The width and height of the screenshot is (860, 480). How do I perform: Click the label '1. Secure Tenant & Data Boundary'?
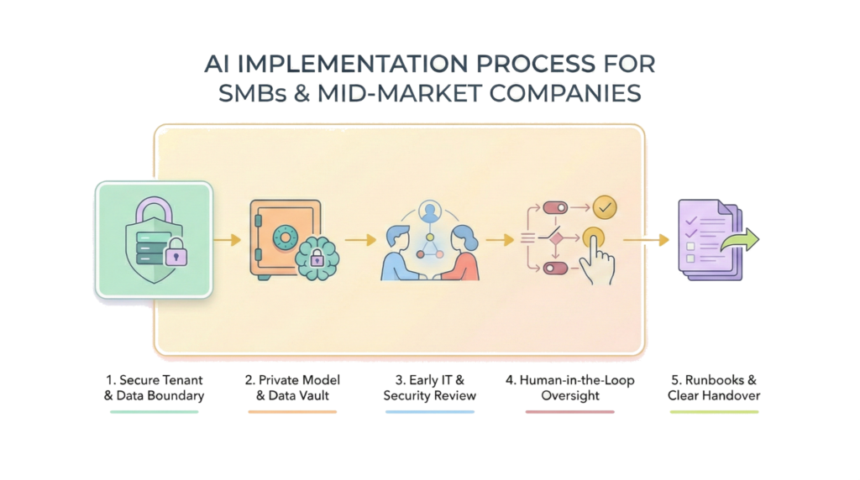[154, 388]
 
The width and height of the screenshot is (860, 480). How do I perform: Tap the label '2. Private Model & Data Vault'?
[293, 388]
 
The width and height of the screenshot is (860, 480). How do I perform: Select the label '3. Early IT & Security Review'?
[430, 388]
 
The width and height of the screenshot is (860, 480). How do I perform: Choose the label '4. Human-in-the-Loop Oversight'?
[569, 388]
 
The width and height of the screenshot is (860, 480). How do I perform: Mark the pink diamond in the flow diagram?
[556, 239]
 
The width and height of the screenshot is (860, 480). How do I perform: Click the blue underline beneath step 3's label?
[430, 412]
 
